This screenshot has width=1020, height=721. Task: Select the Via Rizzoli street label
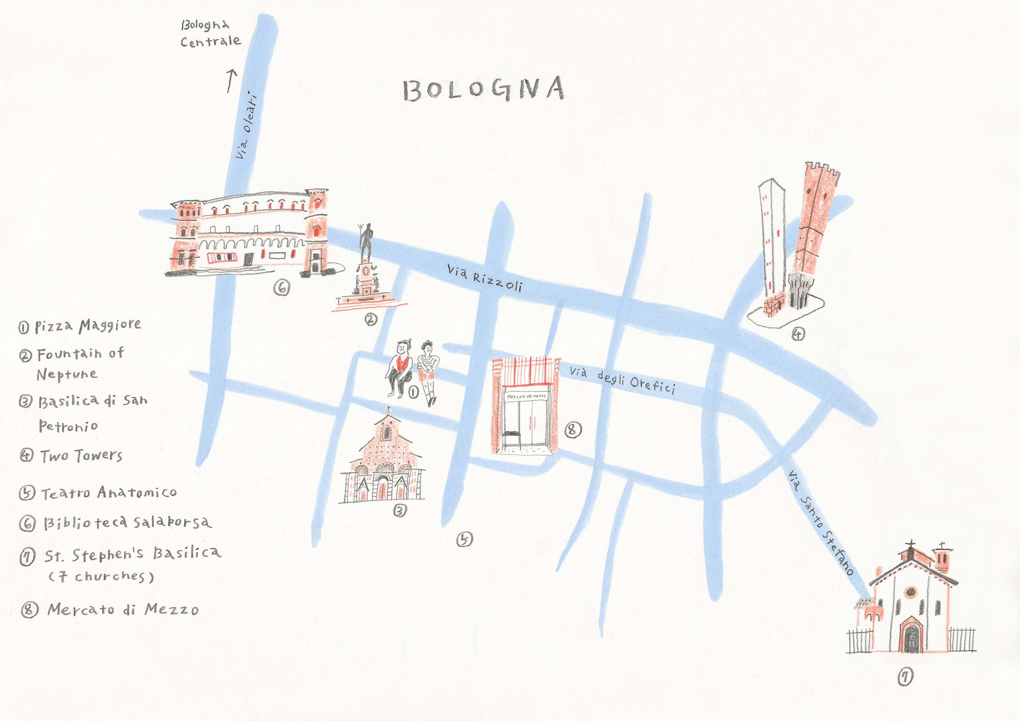coord(484,278)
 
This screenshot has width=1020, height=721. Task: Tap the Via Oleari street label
coord(247,126)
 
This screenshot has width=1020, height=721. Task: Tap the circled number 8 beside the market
coord(573,429)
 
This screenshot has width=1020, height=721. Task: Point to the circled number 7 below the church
coord(905,677)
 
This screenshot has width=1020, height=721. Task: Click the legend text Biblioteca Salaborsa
coord(127,523)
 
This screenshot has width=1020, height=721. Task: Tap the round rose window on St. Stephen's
coord(911,591)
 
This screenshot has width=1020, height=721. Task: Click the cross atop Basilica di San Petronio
coord(388,409)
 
